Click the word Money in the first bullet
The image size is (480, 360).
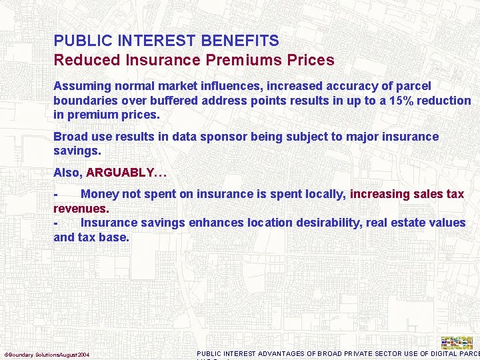(100, 194)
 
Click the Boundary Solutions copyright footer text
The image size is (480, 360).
(47, 354)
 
